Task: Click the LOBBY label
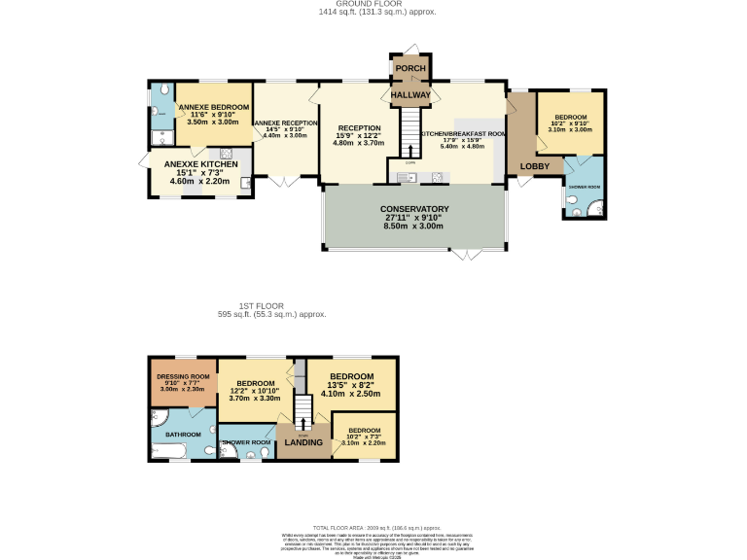pos(535,166)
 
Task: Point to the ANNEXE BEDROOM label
pos(212,107)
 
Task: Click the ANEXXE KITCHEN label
pos(199,164)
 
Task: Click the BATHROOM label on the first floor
pos(182,434)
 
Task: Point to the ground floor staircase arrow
pos(411,151)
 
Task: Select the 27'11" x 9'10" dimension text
pos(415,217)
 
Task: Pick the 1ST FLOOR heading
pos(271,306)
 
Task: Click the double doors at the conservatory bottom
pos(466,254)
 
